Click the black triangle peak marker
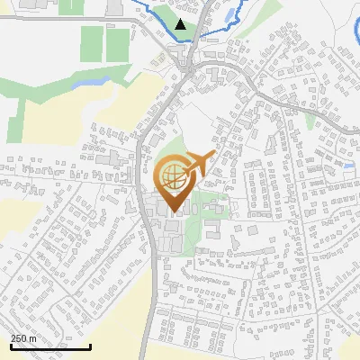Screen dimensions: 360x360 coord(181,24)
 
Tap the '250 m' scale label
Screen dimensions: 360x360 coord(24,338)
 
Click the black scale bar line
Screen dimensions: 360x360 coord(50,346)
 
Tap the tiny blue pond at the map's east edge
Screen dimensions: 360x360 coord(349,166)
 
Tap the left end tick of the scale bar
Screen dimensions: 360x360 coord(11,346)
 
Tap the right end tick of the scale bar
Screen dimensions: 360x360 coord(91,346)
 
